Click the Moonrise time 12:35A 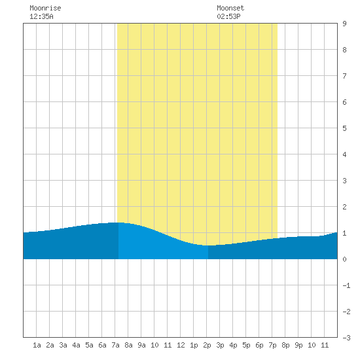point(41,16)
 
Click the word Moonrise point(45,8)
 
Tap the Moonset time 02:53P point(228,16)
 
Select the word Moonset point(230,8)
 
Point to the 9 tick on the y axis point(344,24)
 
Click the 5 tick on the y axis point(344,128)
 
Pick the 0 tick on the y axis point(344,259)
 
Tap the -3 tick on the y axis point(346,338)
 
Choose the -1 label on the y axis point(346,285)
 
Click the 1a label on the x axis point(37,345)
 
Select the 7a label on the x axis point(115,345)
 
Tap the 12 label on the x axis point(181,345)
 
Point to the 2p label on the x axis point(207,345)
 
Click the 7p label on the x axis point(272,345)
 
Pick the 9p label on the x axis point(298,345)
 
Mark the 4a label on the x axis point(76,345)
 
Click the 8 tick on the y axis point(344,50)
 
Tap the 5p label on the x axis point(246,345)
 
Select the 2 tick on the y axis point(344,207)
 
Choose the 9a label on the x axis point(141,345)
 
